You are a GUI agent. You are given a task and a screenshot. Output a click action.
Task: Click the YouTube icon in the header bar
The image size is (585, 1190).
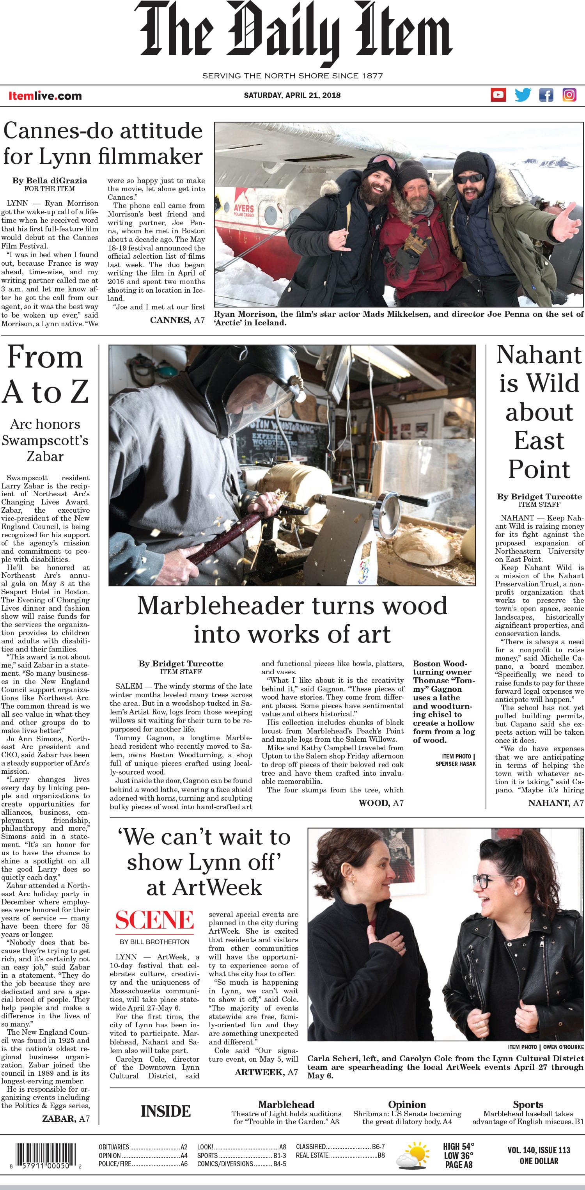498,95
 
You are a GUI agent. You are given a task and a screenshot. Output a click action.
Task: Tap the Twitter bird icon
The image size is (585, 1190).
523,95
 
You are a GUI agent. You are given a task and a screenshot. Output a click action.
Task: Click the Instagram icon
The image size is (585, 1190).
569,95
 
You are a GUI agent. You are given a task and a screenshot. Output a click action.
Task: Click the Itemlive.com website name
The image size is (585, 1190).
45,96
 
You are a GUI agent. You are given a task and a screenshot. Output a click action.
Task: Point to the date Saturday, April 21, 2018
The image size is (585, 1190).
292,95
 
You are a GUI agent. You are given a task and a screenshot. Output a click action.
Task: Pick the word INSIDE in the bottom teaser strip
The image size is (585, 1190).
165,1111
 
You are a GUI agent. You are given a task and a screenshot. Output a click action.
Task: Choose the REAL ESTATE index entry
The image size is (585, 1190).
312,1155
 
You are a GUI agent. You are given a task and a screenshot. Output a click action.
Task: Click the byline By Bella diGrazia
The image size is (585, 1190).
50,180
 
